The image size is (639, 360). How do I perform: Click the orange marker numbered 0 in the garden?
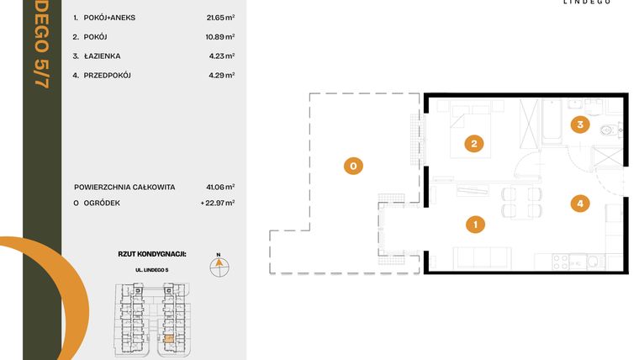(x=354, y=167)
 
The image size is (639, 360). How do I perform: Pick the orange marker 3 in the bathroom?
(x=578, y=125)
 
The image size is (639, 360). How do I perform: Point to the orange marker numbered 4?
(x=578, y=203)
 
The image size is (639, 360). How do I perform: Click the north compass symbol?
(x=218, y=265)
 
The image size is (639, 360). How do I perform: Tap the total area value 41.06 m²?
(x=219, y=187)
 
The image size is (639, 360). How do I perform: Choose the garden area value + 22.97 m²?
(x=217, y=202)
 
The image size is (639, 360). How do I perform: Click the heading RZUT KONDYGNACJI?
(x=152, y=252)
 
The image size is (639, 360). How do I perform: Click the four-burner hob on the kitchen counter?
(x=557, y=262)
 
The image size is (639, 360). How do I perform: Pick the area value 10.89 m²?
(x=219, y=36)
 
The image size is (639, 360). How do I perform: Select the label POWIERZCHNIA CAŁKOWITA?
(x=124, y=187)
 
